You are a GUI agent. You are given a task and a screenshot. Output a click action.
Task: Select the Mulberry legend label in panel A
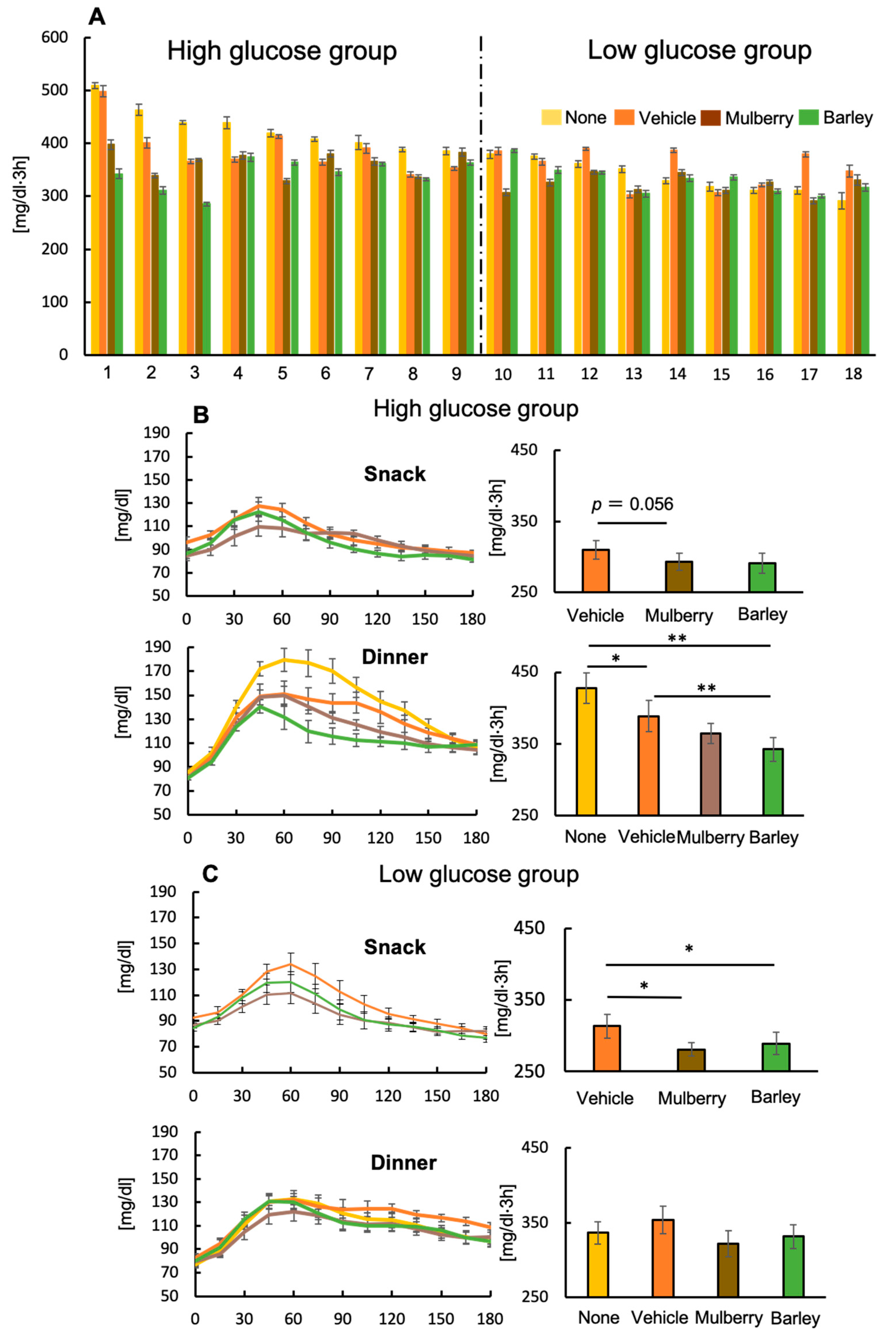point(759,118)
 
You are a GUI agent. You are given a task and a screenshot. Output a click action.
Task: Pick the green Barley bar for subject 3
point(207,279)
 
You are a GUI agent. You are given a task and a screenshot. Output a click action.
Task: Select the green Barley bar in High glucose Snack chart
point(762,577)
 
